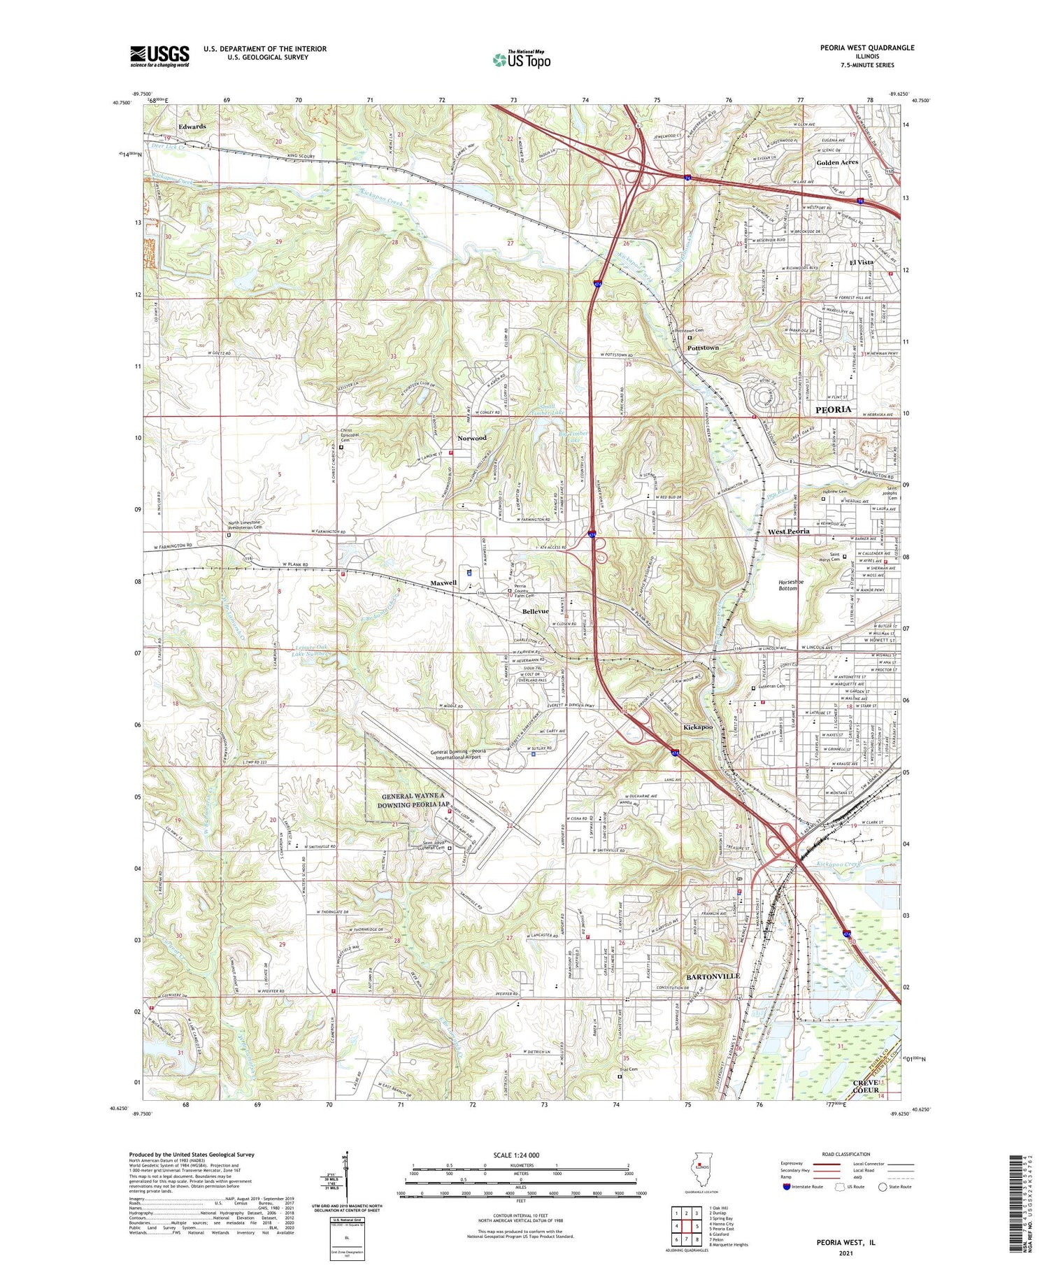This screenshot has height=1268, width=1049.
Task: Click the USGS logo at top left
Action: [x=159, y=56]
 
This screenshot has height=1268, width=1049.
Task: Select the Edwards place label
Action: [x=192, y=127]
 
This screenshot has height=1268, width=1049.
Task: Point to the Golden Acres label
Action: [x=837, y=162]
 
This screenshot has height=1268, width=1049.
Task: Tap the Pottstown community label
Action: [x=703, y=348]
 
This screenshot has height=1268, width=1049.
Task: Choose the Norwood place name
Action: [x=471, y=439]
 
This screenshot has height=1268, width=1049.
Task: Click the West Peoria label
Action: [x=789, y=532]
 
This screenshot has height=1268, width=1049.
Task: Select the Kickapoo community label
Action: [x=698, y=727]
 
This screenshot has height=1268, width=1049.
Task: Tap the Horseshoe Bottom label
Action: [x=791, y=585]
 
